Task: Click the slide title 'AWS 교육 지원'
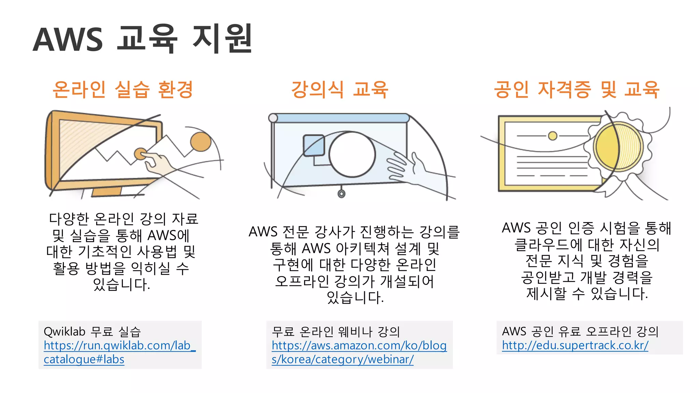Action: pyautogui.click(x=143, y=39)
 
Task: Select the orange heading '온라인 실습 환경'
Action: pyautogui.click(x=123, y=90)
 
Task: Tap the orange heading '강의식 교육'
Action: pyautogui.click(x=340, y=90)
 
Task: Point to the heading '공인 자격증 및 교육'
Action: pyautogui.click(x=576, y=90)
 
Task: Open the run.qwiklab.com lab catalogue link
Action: pyautogui.click(x=119, y=352)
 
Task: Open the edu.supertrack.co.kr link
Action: pyautogui.click(x=575, y=346)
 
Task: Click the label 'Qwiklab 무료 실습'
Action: pyautogui.click(x=92, y=332)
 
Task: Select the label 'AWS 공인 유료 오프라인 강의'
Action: pyautogui.click(x=580, y=332)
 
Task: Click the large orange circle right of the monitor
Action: pyautogui.click(x=201, y=142)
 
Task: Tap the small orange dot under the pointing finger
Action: pyautogui.click(x=140, y=154)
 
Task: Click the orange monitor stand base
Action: pyautogui.click(x=106, y=192)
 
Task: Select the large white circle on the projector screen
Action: pyautogui.click(x=352, y=154)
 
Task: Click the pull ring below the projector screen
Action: pyautogui.click(x=341, y=194)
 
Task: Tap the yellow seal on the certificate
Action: pyautogui.click(x=618, y=147)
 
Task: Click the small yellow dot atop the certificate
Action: pyautogui.click(x=553, y=136)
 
